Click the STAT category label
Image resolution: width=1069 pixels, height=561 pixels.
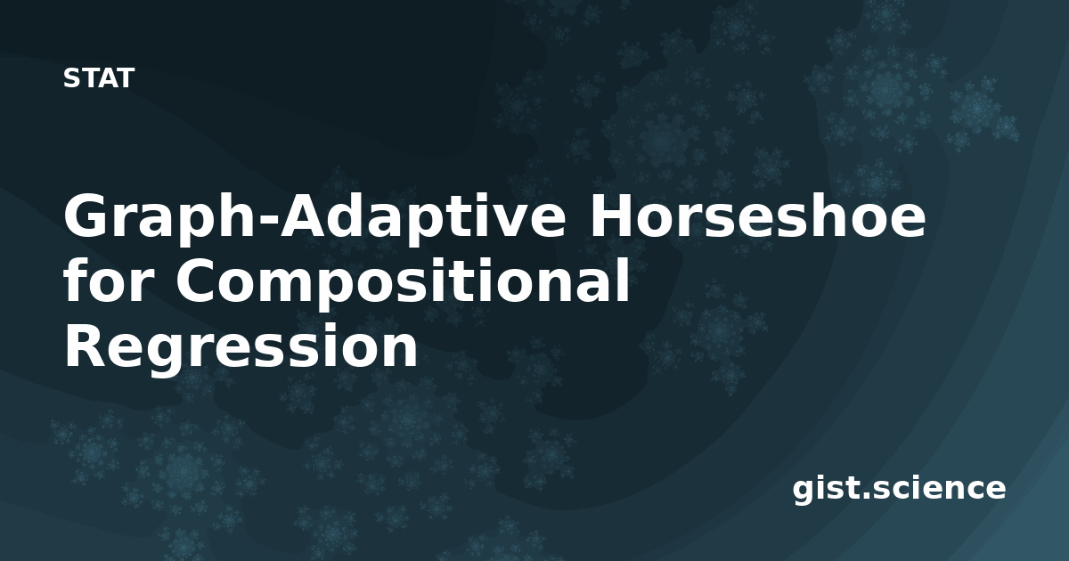tap(99, 78)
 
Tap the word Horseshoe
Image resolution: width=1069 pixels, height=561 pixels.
tap(758, 215)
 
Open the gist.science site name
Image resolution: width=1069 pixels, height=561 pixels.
tap(899, 490)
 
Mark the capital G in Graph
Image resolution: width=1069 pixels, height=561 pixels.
tap(86, 215)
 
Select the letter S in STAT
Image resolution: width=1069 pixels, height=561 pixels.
tap(71, 78)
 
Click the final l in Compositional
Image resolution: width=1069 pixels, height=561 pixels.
tap(624, 280)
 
